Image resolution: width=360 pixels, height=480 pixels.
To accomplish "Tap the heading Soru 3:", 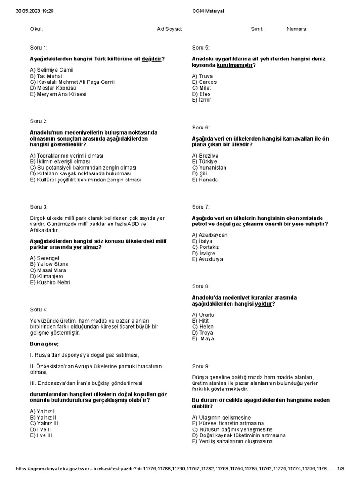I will coord(38,207).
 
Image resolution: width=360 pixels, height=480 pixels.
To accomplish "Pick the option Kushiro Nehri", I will coord(50,283).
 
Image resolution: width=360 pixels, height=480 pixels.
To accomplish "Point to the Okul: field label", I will coord(37,29).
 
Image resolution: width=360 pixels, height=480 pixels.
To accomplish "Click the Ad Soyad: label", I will coord(169,29).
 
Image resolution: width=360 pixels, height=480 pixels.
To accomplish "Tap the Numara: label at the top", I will coord(297,29).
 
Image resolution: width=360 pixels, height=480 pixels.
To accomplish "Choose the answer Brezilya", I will coord(205,156).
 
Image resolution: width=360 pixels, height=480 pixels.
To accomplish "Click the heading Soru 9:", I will coord(201,366).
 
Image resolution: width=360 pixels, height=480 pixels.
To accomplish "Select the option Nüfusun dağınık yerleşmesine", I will coord(232,429).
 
